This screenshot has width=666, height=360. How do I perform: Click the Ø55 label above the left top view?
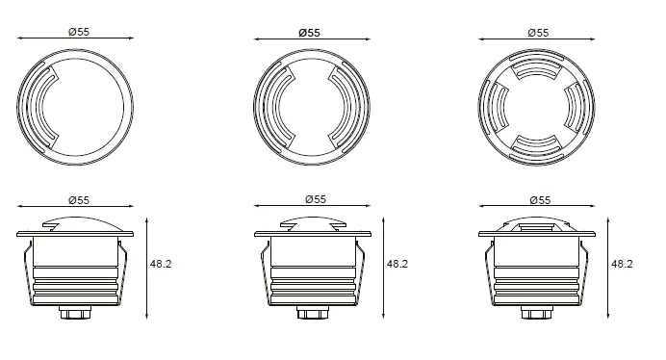(x=79, y=32)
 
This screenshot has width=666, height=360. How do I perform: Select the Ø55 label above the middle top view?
(x=309, y=33)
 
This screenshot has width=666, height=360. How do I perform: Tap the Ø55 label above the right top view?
(x=538, y=33)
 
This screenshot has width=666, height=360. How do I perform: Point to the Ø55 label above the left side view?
(x=79, y=200)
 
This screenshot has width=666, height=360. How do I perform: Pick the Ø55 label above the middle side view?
(x=316, y=199)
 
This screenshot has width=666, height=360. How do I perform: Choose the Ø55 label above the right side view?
(x=540, y=200)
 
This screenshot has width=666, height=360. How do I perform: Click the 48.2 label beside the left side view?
(x=161, y=264)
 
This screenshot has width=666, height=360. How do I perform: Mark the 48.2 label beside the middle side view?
(x=397, y=264)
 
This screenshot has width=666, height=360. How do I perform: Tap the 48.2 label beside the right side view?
(x=622, y=264)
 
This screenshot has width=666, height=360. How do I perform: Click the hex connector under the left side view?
(x=75, y=313)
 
